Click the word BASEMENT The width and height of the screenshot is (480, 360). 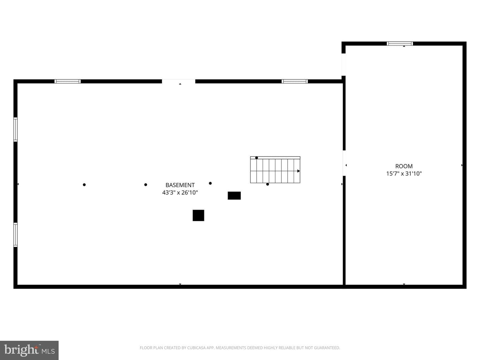click(180, 185)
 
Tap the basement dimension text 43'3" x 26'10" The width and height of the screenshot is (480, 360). click(180, 193)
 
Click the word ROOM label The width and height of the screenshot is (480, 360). click(404, 166)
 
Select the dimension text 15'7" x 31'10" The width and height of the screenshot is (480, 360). click(404, 174)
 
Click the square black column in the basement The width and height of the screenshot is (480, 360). click(198, 215)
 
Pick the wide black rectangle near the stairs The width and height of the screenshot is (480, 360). click(234, 196)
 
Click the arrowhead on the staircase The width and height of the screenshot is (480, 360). click(298, 171)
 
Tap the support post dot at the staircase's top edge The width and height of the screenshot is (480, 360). click(257, 158)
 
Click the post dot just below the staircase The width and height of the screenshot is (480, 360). click(267, 184)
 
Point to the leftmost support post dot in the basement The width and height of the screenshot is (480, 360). click(84, 185)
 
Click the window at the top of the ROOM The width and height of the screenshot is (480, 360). click(400, 43)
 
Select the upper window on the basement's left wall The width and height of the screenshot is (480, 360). click(15, 129)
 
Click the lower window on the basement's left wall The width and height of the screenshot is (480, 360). click(15, 235)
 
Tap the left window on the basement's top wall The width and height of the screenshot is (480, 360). click(68, 81)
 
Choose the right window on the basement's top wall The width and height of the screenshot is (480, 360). click(295, 81)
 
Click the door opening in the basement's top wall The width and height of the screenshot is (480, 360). click(178, 81)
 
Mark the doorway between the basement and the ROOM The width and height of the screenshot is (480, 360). click(344, 163)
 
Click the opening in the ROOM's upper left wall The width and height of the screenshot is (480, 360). click(344, 64)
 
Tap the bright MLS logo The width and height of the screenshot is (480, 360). click(29, 350)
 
